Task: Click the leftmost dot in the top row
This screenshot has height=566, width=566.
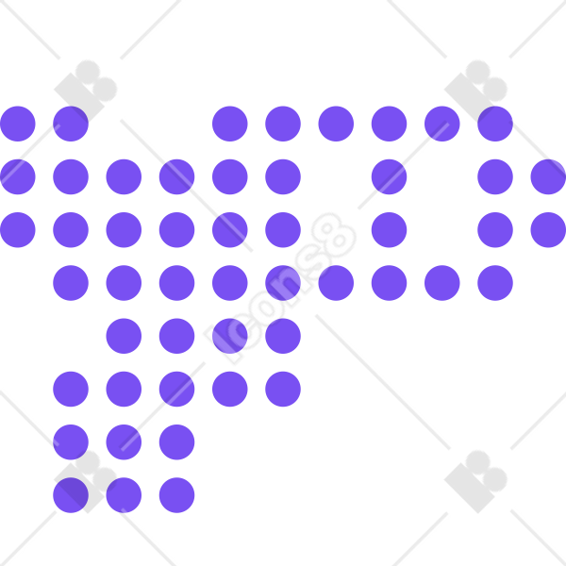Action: point(18,124)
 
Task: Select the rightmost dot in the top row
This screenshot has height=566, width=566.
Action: point(495,124)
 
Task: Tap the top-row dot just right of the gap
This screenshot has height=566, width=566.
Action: point(230,124)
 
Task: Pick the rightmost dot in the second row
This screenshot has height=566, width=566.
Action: point(548,177)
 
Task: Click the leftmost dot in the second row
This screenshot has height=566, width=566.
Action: point(18,177)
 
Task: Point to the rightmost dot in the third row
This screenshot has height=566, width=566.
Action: point(548,230)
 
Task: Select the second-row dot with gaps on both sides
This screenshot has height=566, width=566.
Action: point(389,177)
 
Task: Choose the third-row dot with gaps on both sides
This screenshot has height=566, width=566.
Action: point(389,230)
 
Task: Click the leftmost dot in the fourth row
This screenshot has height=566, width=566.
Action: point(71,283)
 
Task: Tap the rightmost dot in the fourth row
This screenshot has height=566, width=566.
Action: point(495,283)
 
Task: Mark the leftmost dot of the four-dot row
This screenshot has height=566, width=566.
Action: point(124,336)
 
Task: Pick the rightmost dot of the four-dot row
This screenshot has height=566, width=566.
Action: point(283,336)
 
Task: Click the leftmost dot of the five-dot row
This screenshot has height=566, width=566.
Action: point(71,389)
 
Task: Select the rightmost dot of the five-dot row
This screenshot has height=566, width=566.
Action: point(283,389)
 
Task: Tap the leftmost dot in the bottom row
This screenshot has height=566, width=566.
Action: point(71,495)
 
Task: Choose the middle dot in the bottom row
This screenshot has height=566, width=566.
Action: point(124,495)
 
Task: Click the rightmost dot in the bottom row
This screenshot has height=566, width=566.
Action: point(177,495)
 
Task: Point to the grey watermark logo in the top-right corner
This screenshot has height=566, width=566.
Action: point(473,93)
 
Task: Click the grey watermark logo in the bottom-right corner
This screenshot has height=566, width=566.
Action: point(473,484)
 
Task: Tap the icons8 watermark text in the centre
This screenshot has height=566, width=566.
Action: point(280,288)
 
